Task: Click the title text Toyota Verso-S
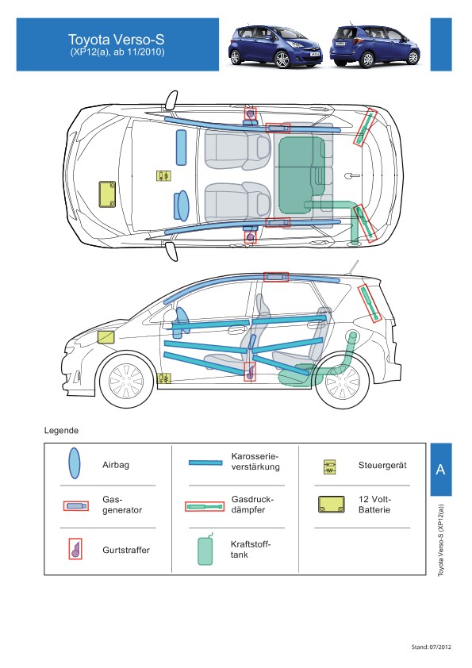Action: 117,40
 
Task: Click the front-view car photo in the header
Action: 275,46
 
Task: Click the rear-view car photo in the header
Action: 375,45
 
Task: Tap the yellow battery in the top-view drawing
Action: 107,194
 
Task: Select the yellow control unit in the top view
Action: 163,176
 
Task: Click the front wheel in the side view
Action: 126,380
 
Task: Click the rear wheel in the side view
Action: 343,382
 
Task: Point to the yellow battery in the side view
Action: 106,337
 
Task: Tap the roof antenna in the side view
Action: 353,267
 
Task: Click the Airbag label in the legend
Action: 116,465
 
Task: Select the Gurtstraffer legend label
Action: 126,550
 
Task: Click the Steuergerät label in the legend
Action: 382,465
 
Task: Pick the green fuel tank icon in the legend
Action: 205,550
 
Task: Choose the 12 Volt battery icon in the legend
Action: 332,505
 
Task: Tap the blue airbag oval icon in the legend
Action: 74,463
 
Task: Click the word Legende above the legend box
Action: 61,430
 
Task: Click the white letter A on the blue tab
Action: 440,470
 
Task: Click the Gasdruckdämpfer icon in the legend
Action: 205,506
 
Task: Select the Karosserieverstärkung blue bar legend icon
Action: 205,463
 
